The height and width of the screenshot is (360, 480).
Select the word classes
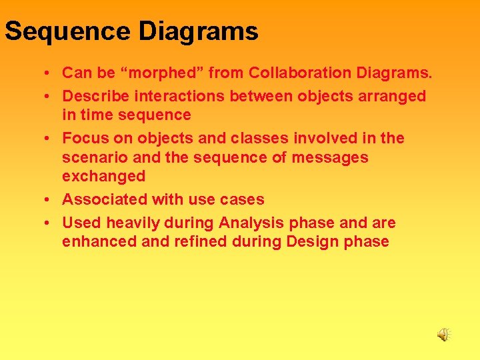coord(257,138)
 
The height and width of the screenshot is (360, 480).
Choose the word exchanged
coord(103,176)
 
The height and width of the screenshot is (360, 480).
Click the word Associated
coord(105,199)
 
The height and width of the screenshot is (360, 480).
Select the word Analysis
coord(251,223)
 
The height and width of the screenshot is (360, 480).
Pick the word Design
coord(311,241)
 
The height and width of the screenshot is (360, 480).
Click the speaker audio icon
coord(444,335)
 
